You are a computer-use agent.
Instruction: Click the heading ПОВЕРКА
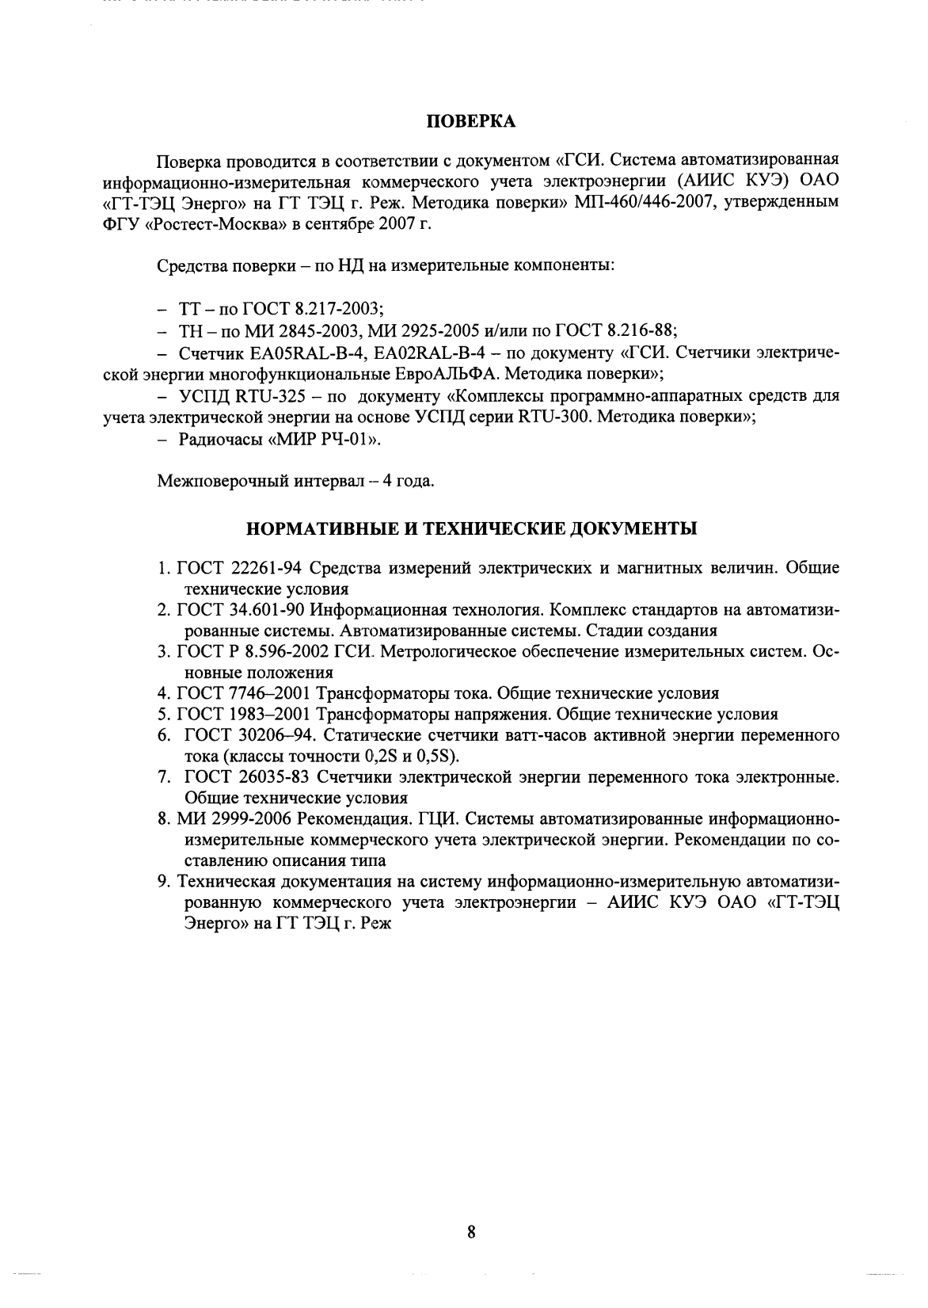click(471, 121)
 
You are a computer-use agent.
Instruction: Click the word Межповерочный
click(216, 481)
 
